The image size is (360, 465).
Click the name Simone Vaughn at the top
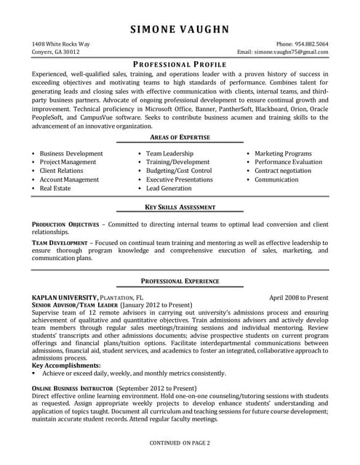point(180,29)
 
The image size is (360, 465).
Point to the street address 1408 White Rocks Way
point(62,44)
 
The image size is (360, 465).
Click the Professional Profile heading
point(180,65)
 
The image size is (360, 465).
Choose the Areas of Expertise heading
point(180,137)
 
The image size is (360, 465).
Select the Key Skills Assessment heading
point(180,207)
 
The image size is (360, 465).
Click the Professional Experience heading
point(180,280)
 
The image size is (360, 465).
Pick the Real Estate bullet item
point(55,188)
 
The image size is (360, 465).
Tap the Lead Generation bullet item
point(169,188)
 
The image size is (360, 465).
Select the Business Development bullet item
point(71,154)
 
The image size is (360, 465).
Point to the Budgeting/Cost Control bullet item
point(179,171)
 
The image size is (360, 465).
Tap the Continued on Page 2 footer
point(180,442)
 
